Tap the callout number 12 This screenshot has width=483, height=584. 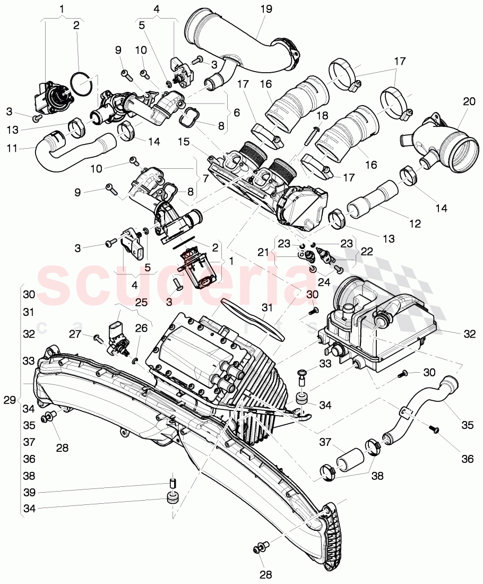pos(415,224)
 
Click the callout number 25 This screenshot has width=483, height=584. pos(141,302)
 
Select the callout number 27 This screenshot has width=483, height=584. pos(74,333)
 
